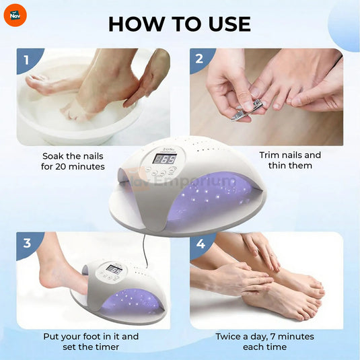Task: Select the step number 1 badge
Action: (27, 59)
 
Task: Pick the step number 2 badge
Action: (199, 59)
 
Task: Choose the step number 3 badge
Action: (27, 243)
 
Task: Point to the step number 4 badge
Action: (200, 243)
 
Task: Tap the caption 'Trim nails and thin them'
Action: (290, 160)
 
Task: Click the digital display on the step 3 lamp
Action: (114, 270)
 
